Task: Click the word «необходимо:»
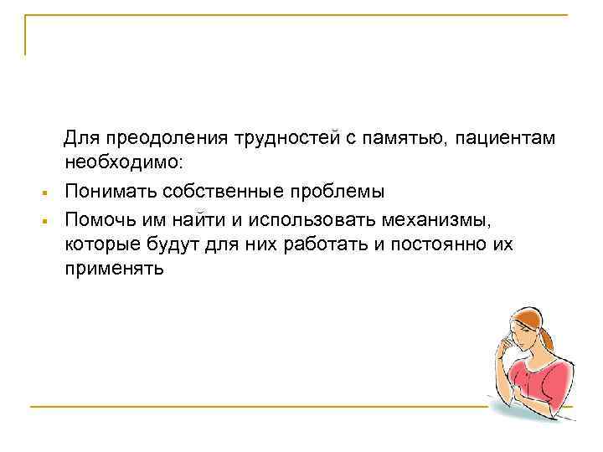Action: click(115, 162)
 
